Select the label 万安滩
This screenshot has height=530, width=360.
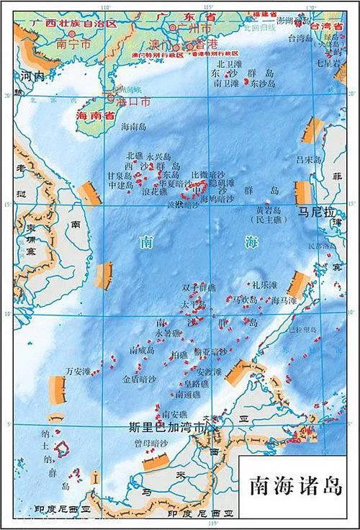click(78, 371)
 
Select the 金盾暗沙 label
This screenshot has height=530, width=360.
click(138, 377)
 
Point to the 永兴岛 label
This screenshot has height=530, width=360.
click(159, 156)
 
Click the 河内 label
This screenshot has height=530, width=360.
click(33, 75)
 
